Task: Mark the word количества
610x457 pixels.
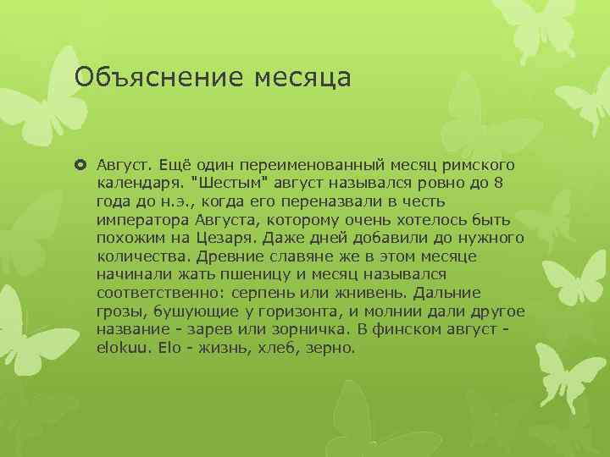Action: [141, 255]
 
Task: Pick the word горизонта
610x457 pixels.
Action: [287, 311]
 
